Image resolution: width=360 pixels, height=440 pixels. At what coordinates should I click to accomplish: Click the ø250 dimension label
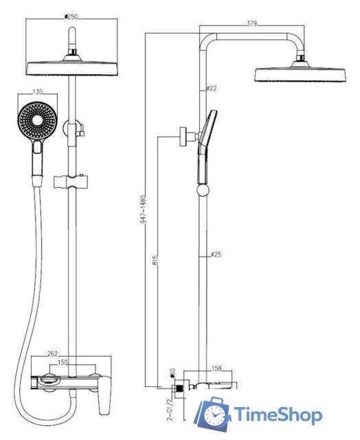coord(71,16)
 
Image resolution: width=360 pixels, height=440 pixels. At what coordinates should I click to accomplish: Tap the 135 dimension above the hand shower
coord(38,91)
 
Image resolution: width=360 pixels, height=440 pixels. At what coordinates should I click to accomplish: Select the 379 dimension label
coord(251,23)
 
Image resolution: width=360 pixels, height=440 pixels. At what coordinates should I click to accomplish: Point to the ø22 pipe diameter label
coord(212,89)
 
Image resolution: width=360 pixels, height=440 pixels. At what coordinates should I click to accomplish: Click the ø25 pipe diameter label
coord(216,254)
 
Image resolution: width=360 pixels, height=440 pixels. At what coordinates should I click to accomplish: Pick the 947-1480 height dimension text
coord(143,210)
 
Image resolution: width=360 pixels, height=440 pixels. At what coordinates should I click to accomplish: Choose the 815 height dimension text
coord(155,260)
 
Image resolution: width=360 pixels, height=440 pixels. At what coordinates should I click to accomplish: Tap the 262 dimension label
coord(52,353)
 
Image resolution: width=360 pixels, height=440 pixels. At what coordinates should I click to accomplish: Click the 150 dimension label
coord(63,362)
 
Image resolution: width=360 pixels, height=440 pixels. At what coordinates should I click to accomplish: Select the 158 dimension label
coord(216,368)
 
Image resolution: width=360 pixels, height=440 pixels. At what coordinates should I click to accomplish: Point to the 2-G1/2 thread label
coord(170,410)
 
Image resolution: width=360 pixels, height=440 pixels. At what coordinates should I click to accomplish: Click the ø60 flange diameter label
coord(172,373)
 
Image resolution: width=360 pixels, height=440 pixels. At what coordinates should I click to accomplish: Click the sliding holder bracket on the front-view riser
coord(71,181)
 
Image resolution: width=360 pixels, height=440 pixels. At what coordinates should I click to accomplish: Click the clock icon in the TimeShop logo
coord(215,415)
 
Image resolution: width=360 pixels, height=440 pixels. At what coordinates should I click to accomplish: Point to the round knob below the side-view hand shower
coord(203,190)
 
